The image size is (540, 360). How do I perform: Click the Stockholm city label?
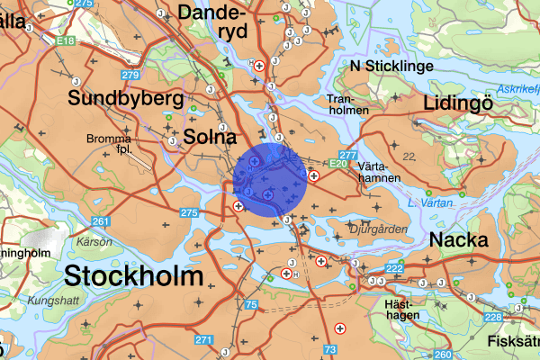point(133,275)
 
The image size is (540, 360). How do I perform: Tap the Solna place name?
point(209,137)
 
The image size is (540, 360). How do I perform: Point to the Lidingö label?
point(461,103)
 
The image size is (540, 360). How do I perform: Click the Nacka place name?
point(459,240)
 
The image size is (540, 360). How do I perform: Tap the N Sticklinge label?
point(392,67)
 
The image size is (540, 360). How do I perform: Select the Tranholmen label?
point(348,103)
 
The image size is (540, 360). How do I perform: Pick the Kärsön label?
point(94,241)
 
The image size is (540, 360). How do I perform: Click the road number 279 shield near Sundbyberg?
point(130,75)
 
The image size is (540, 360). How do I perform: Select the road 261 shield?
point(100,221)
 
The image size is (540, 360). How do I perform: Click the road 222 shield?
point(394,269)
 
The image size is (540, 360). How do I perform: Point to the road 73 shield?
point(331,349)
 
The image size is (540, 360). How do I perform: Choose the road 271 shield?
point(203,340)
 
